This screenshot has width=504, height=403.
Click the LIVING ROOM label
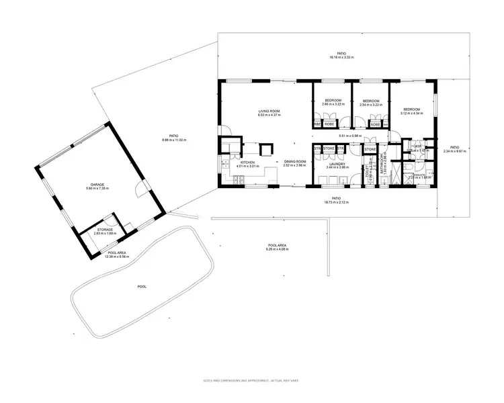click(x=268, y=111)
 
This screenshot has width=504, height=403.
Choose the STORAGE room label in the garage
click(x=105, y=230)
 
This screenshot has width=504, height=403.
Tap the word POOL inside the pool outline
click(x=142, y=286)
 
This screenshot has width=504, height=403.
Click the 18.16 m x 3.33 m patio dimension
click(x=343, y=58)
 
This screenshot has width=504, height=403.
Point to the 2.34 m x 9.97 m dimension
click(x=454, y=151)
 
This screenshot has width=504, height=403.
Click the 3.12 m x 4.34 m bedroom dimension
click(x=411, y=114)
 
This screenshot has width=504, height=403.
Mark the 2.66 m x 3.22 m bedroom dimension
click(x=333, y=105)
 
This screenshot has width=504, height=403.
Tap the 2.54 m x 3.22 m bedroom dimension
click(x=370, y=105)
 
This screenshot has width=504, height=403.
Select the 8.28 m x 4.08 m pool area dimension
click(x=277, y=249)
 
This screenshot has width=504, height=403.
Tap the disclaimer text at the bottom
click(x=251, y=381)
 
